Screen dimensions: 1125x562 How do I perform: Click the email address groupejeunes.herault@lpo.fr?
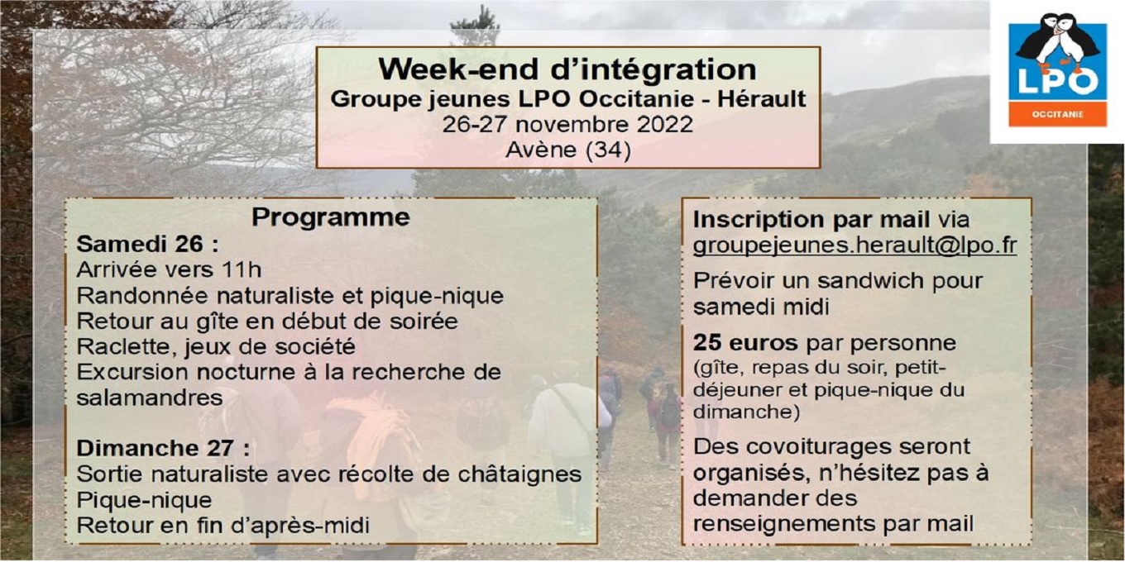point(855,245)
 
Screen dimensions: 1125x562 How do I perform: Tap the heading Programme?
point(331,218)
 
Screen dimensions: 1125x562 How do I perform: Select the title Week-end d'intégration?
point(567,69)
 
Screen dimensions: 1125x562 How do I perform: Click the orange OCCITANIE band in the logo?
point(1058,114)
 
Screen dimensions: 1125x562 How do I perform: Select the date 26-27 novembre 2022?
point(567,125)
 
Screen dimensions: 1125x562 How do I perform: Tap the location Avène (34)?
point(568,150)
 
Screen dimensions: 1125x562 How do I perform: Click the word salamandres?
point(149,398)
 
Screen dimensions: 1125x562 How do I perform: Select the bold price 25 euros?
point(745,343)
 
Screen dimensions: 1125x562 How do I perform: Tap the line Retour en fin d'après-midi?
point(223,526)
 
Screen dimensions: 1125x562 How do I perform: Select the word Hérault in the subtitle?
point(761,99)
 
